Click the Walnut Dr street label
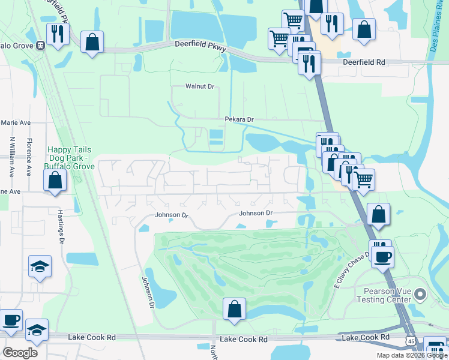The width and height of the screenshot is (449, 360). (x=199, y=86)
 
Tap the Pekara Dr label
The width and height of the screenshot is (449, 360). (x=237, y=120)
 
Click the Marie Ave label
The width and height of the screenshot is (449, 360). (x=16, y=122)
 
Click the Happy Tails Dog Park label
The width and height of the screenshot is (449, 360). (x=71, y=155)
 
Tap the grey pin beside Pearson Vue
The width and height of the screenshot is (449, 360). (x=420, y=294)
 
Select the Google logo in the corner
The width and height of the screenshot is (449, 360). (x=20, y=352)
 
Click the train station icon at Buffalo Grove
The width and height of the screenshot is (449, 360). (x=41, y=44)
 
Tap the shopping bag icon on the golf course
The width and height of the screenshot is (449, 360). (x=235, y=309)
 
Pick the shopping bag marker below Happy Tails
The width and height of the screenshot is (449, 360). (x=55, y=180)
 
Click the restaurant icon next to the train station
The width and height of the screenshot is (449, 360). (x=58, y=34)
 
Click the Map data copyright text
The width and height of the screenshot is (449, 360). (x=411, y=355)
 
